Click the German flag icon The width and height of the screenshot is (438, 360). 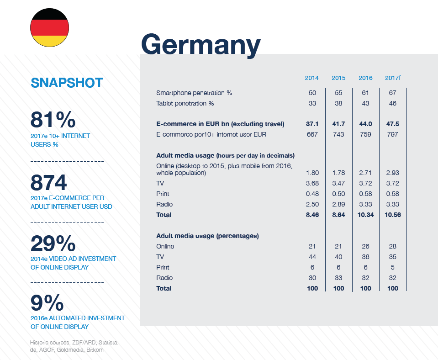pyautogui.click(x=49, y=27)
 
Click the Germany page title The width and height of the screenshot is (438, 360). pyautogui.click(x=201, y=45)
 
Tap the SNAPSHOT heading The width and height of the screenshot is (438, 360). pyautogui.click(x=67, y=83)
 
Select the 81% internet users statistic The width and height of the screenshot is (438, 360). pyautogui.click(x=53, y=120)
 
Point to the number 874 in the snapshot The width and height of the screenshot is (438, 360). pyautogui.click(x=48, y=182)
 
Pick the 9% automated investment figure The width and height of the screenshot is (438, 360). pyautogui.click(x=47, y=302)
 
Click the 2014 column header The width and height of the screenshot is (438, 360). pyautogui.click(x=311, y=78)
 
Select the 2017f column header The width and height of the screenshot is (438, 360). pyautogui.click(x=392, y=78)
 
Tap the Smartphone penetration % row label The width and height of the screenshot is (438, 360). pyautogui.click(x=194, y=93)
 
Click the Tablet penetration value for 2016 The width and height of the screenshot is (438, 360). pyautogui.click(x=365, y=103)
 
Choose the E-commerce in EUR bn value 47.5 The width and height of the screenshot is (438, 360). pyautogui.click(x=392, y=124)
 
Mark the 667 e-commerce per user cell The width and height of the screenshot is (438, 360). pyautogui.click(x=312, y=134)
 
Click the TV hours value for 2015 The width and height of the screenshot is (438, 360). pyautogui.click(x=338, y=183)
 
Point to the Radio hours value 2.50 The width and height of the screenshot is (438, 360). pyautogui.click(x=312, y=204)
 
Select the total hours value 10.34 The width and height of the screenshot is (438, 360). pyautogui.click(x=365, y=215)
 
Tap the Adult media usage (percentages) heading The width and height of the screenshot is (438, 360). pyautogui.click(x=207, y=236)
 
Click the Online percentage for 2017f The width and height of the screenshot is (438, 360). pyautogui.click(x=392, y=246)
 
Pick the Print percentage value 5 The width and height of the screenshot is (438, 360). pyautogui.click(x=392, y=267)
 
